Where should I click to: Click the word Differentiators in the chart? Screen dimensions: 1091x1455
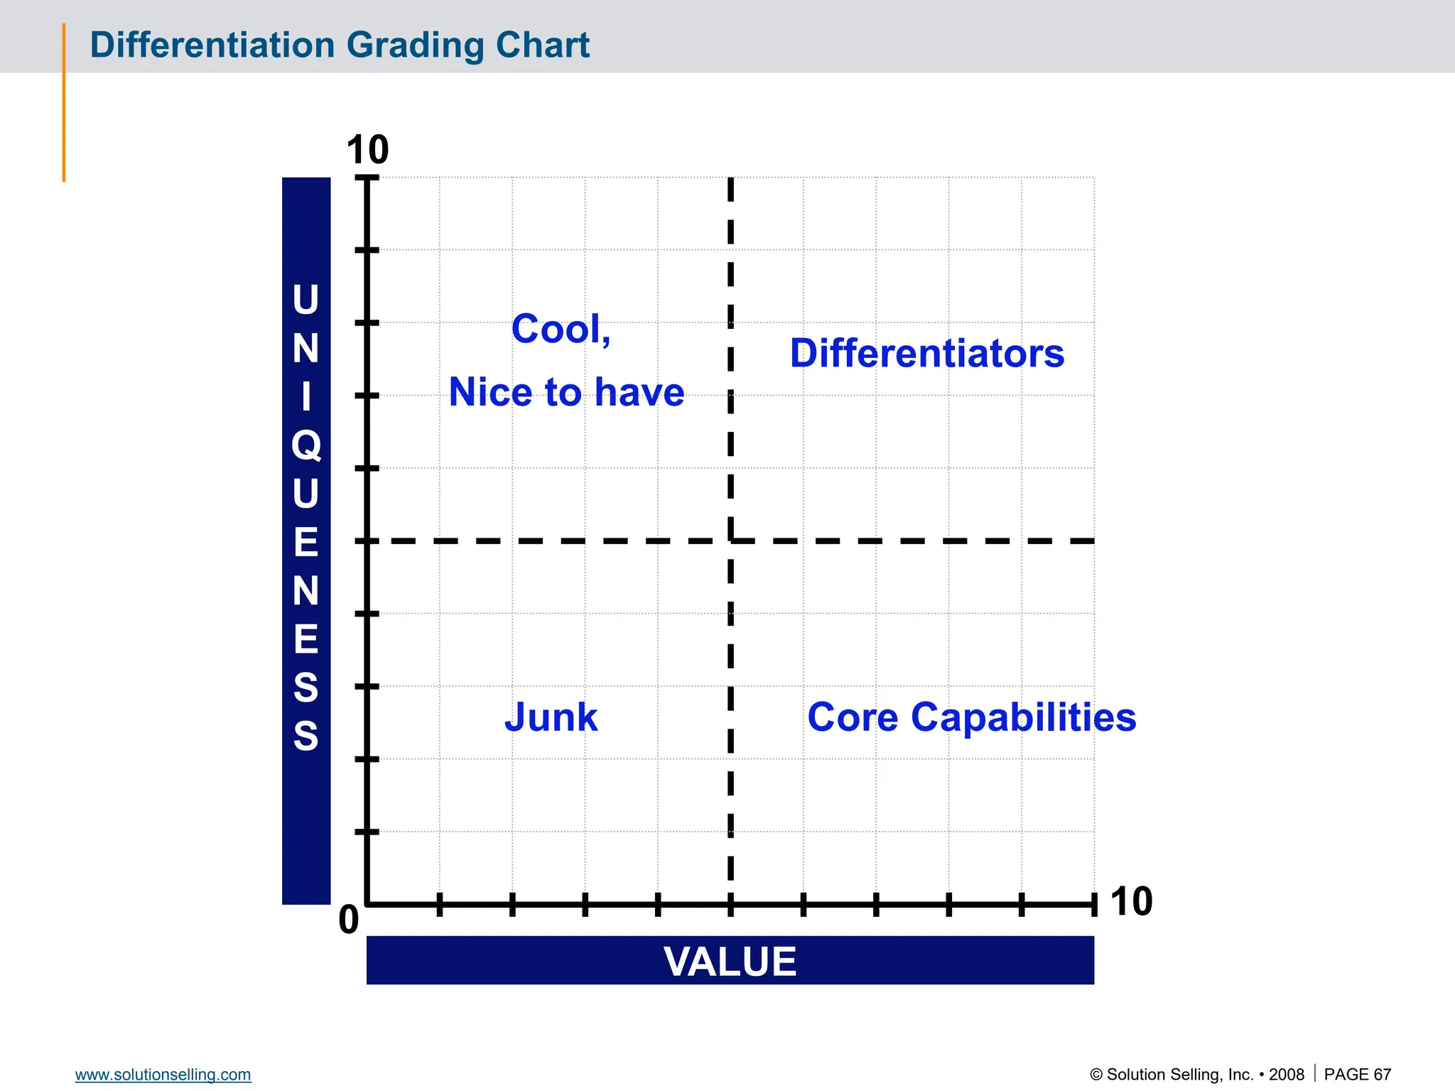[x=927, y=354]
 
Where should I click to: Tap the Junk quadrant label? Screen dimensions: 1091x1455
[x=551, y=717]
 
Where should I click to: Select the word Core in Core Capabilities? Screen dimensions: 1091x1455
[x=853, y=717]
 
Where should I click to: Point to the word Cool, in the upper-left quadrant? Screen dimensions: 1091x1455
[x=561, y=330]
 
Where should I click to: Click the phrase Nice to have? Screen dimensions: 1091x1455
[x=566, y=393]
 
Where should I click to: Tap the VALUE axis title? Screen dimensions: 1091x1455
[x=730, y=961]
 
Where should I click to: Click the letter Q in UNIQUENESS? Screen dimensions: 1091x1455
[x=306, y=446]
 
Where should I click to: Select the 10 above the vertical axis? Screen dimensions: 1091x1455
[x=367, y=151]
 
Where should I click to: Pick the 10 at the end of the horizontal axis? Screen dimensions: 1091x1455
[x=1131, y=902]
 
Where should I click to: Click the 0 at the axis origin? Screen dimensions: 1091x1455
[x=349, y=921]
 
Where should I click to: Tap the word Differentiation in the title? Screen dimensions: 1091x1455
[x=212, y=45]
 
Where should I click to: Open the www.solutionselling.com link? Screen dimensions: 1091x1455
[x=163, y=1075]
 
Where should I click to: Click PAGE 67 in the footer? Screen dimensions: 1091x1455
[x=1357, y=1075]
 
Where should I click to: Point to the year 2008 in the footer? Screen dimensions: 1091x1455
[x=1287, y=1075]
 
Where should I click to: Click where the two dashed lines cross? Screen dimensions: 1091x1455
[x=730, y=541]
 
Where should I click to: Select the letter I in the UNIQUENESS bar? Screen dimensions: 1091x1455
[x=306, y=397]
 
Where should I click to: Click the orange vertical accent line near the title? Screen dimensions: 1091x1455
[x=64, y=103]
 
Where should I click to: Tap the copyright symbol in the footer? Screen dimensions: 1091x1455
[x=1096, y=1075]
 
